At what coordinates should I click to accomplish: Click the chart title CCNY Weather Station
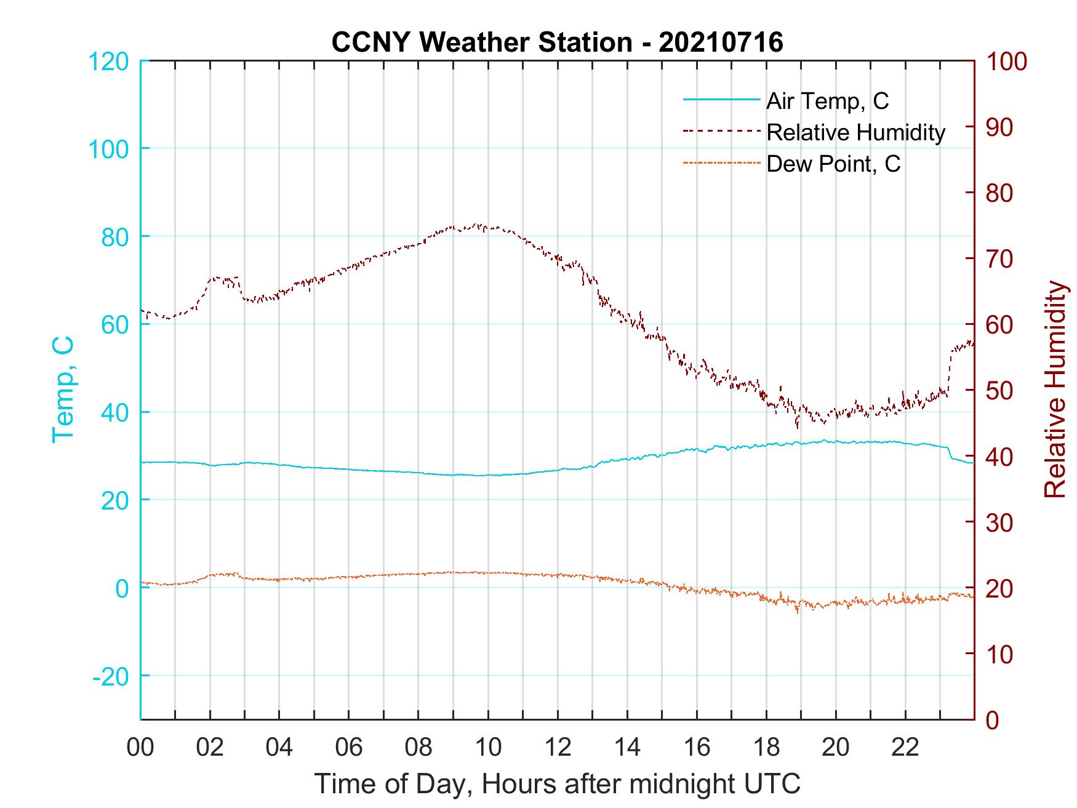(x=557, y=42)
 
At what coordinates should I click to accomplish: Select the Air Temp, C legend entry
(x=827, y=101)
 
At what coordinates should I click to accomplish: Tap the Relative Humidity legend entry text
(x=855, y=132)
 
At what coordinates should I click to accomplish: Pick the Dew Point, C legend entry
(x=833, y=164)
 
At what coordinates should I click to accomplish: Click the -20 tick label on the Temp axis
(x=111, y=676)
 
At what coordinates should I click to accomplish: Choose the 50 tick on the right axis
(x=1000, y=390)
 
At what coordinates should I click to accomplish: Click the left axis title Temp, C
(x=63, y=389)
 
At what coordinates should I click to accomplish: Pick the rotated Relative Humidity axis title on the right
(x=1055, y=389)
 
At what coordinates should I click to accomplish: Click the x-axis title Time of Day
(x=557, y=784)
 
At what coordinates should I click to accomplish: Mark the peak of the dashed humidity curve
(x=478, y=225)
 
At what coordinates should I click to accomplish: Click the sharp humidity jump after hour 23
(x=950, y=369)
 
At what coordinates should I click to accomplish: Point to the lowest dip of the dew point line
(x=798, y=612)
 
